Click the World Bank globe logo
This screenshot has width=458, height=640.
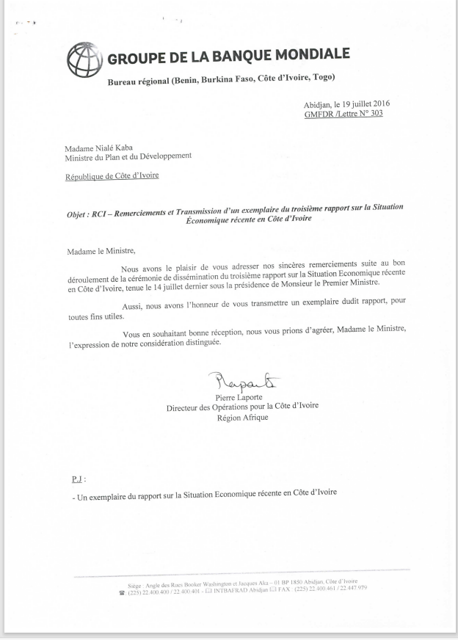tap(84, 57)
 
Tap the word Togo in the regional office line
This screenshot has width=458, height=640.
tap(322, 79)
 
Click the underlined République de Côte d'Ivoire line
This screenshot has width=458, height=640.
tap(112, 175)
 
